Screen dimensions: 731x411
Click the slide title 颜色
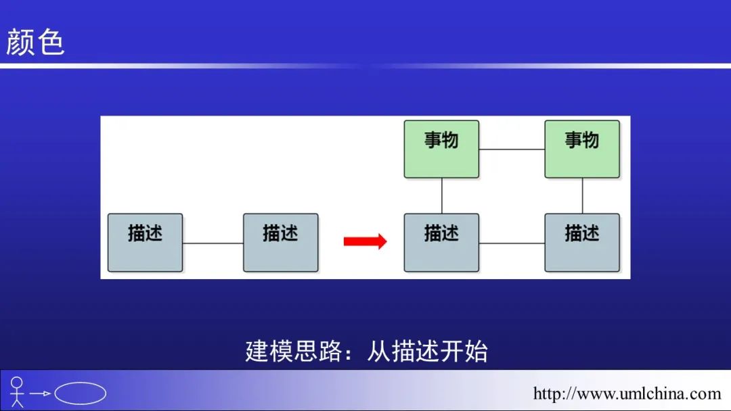[x=35, y=42]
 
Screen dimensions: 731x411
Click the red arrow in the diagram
[x=365, y=241]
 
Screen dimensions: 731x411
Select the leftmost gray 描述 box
[x=146, y=243]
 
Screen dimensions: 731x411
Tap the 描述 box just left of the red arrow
[x=280, y=243]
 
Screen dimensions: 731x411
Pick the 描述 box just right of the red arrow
[x=441, y=243]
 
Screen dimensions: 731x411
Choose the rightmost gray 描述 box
[x=582, y=243]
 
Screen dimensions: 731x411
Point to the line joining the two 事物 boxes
[x=512, y=149]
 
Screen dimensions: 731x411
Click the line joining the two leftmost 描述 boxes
[x=213, y=243]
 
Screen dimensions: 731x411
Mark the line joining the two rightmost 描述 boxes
[x=512, y=243]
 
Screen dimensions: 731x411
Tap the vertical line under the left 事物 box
[x=441, y=196]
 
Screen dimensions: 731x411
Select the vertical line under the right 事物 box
[x=582, y=196]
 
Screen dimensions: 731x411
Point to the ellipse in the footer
[x=80, y=393]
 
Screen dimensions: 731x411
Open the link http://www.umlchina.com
[x=627, y=393]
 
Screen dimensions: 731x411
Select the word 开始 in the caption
[x=464, y=352]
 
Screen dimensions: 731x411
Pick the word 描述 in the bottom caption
[x=415, y=352]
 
